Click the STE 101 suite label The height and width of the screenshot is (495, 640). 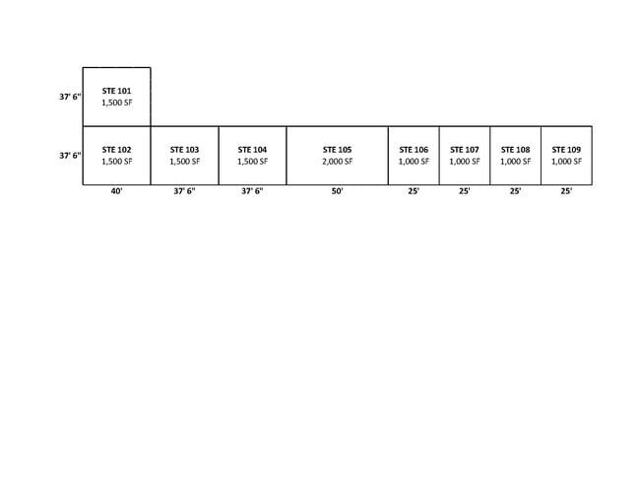[x=117, y=91]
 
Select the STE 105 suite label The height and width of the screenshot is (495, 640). [x=337, y=150]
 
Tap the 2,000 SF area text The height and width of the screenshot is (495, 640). [x=337, y=162]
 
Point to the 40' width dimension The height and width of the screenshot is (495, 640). [x=117, y=191]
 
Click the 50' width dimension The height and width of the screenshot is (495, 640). [x=337, y=191]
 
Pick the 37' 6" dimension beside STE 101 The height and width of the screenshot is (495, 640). [x=70, y=97]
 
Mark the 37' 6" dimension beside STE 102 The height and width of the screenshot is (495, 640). [x=70, y=156]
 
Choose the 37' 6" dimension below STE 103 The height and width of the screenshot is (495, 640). [x=184, y=191]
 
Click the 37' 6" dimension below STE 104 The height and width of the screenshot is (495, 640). [x=252, y=191]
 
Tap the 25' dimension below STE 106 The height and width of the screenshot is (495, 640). [x=414, y=191]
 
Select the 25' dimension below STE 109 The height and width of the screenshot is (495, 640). [x=566, y=191]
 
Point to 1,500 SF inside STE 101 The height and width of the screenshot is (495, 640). [x=117, y=103]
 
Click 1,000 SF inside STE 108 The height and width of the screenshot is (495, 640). [x=516, y=162]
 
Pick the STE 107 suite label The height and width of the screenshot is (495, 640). [x=465, y=150]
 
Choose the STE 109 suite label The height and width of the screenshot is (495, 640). [x=566, y=150]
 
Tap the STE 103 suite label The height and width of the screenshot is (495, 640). [x=184, y=150]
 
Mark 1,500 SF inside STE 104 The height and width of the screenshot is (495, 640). [x=253, y=162]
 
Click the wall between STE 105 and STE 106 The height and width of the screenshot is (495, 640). [x=388, y=156]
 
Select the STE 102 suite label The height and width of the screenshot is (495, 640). [x=117, y=150]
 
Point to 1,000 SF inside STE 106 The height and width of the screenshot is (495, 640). [x=414, y=162]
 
